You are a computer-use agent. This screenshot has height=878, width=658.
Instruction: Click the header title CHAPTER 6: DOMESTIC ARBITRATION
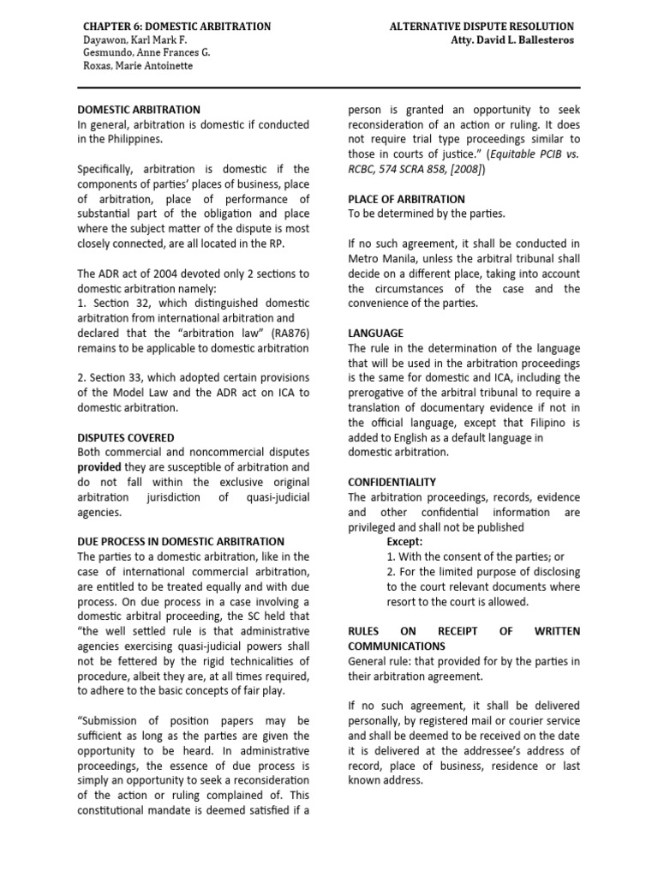click(x=174, y=27)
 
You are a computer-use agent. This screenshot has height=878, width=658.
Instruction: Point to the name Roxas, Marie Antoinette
click(x=137, y=65)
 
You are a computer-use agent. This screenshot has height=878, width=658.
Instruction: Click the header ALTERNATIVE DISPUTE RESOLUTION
click(x=482, y=27)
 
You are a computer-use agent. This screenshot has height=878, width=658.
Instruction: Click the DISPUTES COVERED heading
click(x=126, y=437)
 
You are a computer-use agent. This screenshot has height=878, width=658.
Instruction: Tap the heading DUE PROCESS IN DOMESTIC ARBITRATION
click(x=181, y=542)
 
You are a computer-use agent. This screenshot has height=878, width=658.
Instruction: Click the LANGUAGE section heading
click(x=375, y=333)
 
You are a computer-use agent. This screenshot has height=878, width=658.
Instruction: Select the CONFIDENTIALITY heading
click(x=392, y=483)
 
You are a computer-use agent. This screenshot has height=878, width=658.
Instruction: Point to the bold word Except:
click(x=405, y=542)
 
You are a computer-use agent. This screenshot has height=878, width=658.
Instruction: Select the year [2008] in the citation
click(x=465, y=169)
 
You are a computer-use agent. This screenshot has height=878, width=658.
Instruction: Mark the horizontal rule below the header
click(x=329, y=87)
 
